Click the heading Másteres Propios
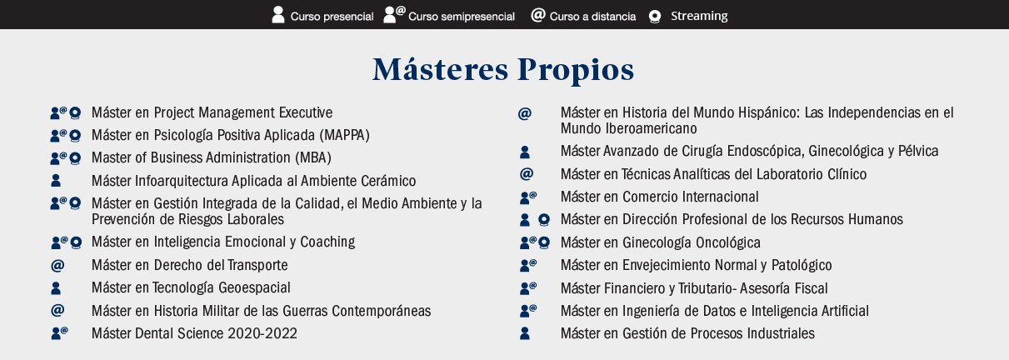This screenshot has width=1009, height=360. point(503,69)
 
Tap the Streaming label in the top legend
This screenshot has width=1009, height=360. point(699,16)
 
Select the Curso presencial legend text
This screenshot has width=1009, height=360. point(332,17)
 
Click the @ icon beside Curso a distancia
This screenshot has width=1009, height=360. point(538,15)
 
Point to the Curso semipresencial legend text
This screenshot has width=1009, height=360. point(462,17)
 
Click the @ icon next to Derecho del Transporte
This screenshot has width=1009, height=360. point(57,265)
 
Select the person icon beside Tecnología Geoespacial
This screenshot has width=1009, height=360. point(56,288)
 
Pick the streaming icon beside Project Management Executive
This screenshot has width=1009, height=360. point(75,112)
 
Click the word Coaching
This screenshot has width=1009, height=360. point(327,242)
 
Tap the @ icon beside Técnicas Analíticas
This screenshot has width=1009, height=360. point(527,174)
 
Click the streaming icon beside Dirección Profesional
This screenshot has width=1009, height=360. point(544,220)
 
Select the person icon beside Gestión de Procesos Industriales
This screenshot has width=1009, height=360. point(525,333)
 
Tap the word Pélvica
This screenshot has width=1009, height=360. point(918,151)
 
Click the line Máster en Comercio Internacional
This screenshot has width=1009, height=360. point(659,197)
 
